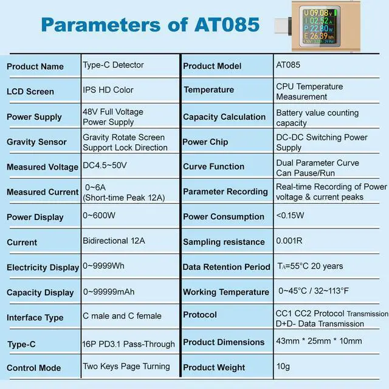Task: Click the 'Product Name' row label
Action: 35,66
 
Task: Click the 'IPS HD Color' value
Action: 108,90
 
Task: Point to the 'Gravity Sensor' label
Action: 36,142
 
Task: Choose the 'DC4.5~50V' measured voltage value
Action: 105,165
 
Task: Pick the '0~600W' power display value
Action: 98,216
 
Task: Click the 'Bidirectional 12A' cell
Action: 114,241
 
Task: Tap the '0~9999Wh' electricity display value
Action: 104,266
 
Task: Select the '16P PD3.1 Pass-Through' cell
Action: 128,344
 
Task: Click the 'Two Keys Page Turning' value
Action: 126,367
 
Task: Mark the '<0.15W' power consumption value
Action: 291,215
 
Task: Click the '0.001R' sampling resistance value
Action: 289,241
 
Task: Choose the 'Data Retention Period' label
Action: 226,267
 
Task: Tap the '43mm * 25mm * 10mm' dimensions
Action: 318,341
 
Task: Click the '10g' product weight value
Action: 283,367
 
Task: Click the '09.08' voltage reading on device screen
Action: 318,12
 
